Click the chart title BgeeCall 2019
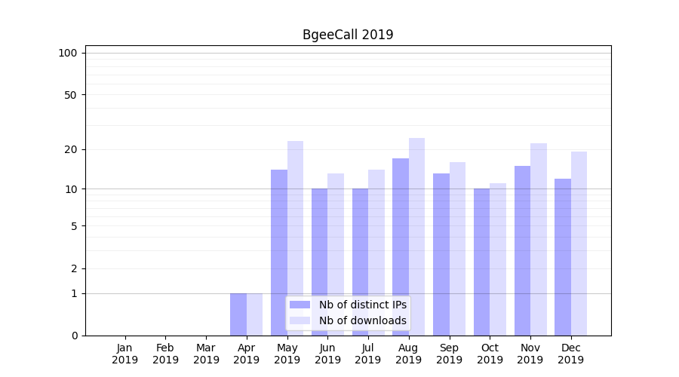pyautogui.click(x=348, y=35)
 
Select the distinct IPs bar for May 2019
pyautogui.click(x=279, y=253)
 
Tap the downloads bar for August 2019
pyautogui.click(x=416, y=237)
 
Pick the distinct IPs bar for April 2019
pyautogui.click(x=238, y=314)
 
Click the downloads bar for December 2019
pyautogui.click(x=579, y=244)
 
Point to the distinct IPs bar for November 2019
pyautogui.click(x=522, y=250)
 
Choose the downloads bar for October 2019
pyautogui.click(x=498, y=259)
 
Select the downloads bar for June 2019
pyautogui.click(x=336, y=254)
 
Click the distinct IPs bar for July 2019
pyautogui.click(x=360, y=262)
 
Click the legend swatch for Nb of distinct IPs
pyautogui.click(x=300, y=305)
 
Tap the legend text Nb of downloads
pyautogui.click(x=363, y=320)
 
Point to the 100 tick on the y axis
pyautogui.click(x=68, y=53)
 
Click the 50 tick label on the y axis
pyautogui.click(x=71, y=95)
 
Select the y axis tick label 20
pyautogui.click(x=71, y=149)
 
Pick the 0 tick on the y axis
pyautogui.click(x=74, y=336)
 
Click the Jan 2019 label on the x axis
pyautogui.click(x=125, y=354)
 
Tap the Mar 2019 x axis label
pyautogui.click(x=206, y=354)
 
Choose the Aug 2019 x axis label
pyautogui.click(x=409, y=354)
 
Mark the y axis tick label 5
pyautogui.click(x=74, y=226)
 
